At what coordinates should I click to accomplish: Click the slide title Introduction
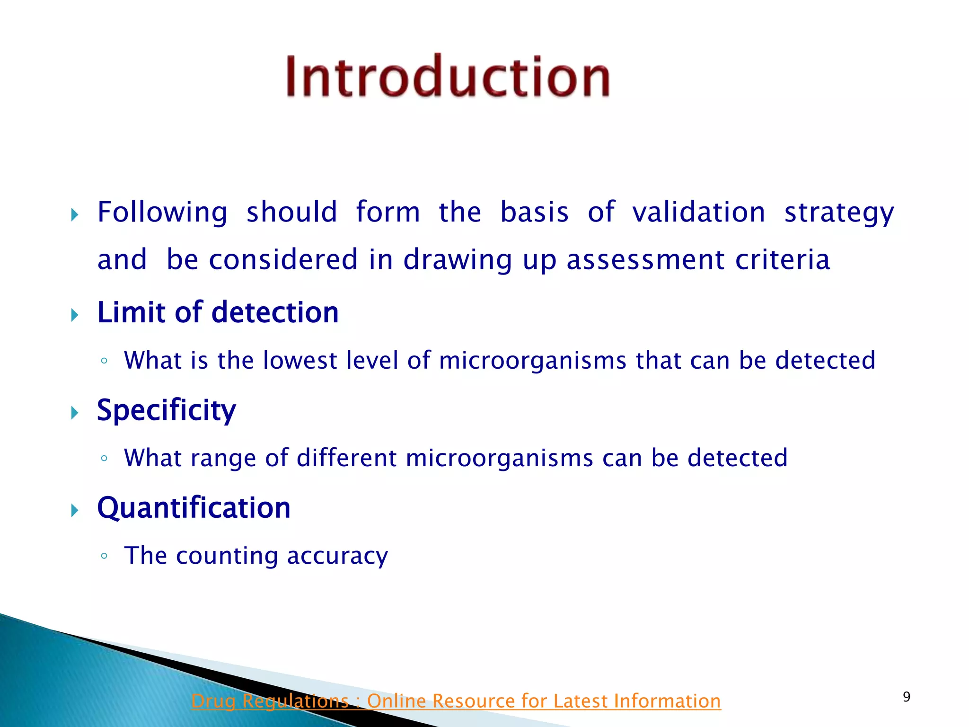448,77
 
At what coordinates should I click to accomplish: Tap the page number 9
906,697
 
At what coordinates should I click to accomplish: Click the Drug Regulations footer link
456,701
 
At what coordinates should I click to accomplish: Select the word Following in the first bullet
162,212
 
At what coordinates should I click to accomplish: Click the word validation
698,212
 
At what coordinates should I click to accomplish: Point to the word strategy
839,213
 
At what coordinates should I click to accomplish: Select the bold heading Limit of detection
218,312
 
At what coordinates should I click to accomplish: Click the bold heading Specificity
166,410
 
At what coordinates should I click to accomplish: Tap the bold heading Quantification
194,508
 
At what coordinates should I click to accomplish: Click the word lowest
300,360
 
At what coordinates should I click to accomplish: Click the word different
346,458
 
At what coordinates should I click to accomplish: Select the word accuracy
337,556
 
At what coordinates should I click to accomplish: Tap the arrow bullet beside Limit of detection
74,315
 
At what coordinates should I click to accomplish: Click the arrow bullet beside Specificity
74,412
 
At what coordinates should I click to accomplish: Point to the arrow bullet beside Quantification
74,510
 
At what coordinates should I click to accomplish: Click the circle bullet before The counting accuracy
104,556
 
